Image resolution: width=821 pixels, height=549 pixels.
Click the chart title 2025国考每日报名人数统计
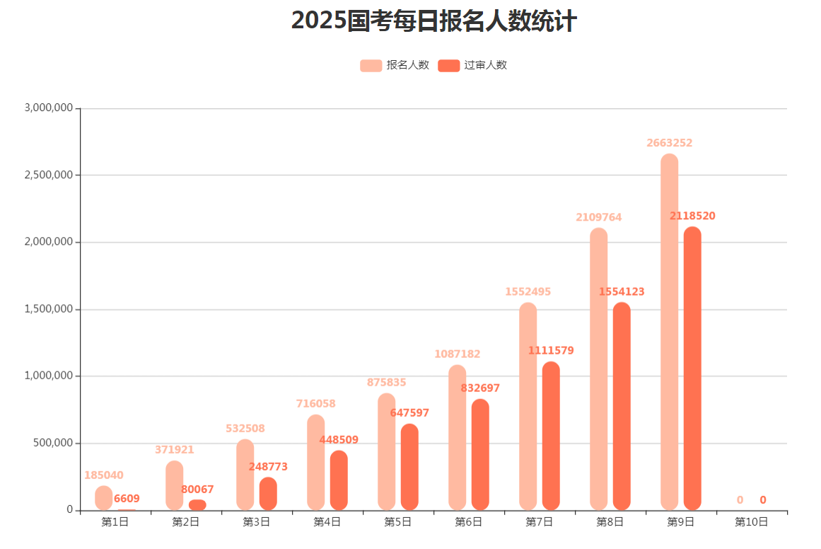[433, 21]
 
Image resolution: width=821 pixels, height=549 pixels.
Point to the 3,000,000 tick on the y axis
[49, 108]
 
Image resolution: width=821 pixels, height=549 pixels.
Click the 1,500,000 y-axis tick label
[49, 309]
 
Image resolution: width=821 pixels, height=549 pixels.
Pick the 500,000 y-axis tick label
[54, 444]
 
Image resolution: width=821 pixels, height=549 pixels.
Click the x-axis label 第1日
[115, 522]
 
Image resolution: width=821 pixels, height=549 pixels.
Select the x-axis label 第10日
[752, 522]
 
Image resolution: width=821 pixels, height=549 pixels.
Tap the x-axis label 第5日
[398, 522]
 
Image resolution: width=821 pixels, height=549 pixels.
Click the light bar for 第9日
[669, 333]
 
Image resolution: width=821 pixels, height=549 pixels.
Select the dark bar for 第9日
[692, 368]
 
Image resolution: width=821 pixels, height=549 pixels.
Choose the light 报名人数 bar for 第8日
[598, 368]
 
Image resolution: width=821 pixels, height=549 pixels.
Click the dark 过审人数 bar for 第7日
[551, 435]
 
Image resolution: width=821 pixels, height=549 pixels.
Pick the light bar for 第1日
[104, 498]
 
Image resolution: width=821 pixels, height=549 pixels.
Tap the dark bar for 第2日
[197, 505]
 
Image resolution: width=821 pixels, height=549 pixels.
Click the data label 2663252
[669, 143]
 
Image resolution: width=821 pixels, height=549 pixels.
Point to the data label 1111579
[551, 350]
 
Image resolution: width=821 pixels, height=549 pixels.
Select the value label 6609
[127, 499]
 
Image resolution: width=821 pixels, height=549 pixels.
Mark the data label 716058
[315, 404]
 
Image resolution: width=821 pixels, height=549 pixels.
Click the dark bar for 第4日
[339, 481]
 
